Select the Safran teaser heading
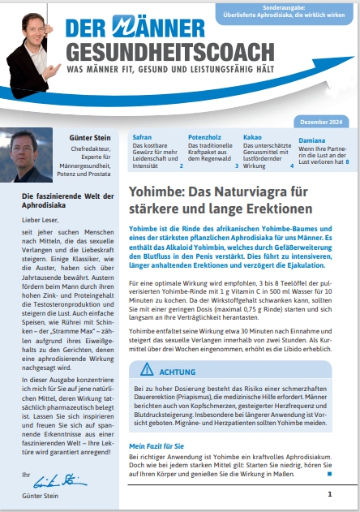(141, 137)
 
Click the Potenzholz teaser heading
(205, 137)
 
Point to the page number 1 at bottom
(329, 493)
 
